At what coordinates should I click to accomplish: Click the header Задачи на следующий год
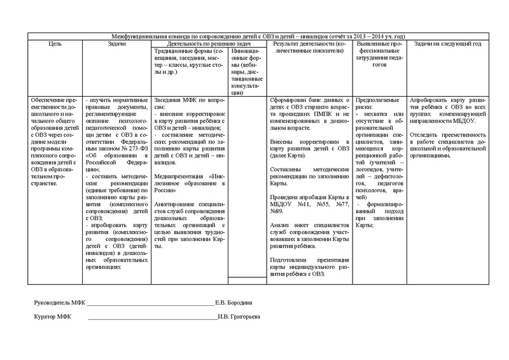tap(448, 44)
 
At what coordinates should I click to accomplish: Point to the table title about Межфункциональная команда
tap(254, 37)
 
